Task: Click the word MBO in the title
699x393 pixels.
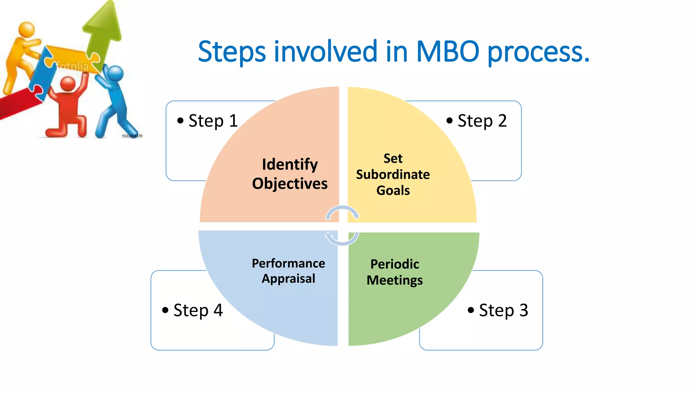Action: [447, 52]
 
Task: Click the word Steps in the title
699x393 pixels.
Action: [232, 52]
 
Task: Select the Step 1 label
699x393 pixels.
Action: [213, 121]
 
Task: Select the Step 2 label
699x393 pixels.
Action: [482, 121]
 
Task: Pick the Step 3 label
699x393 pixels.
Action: [503, 310]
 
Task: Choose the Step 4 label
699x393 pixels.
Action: [198, 310]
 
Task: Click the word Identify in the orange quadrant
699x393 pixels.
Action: [290, 165]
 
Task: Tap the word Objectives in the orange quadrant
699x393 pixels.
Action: [290, 184]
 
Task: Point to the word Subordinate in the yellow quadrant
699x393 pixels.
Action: [393, 175]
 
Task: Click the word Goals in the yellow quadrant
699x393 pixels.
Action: [393, 190]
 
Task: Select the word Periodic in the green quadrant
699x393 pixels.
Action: [395, 264]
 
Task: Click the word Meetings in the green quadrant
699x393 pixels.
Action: [395, 280]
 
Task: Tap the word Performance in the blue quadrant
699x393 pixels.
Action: [288, 263]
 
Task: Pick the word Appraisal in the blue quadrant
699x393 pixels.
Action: [288, 279]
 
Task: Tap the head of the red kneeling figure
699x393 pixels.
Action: [68, 84]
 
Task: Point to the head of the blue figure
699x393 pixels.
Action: [115, 73]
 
